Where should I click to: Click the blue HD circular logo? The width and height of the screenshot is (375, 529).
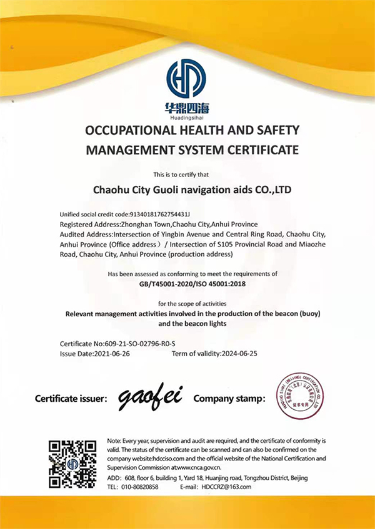pyautogui.click(x=186, y=79)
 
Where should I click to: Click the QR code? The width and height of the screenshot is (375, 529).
pyautogui.click(x=72, y=464)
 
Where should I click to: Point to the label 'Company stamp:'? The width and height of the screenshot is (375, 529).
pyautogui.click(x=229, y=398)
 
